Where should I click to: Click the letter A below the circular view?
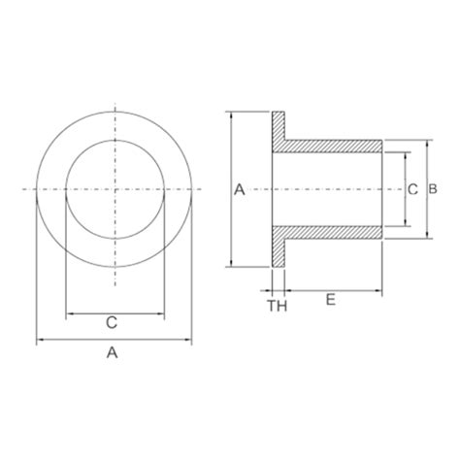tap(113, 354)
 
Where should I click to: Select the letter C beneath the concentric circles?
tap(112, 321)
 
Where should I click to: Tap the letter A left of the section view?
tap(240, 191)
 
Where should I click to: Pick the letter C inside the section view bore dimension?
tap(411, 191)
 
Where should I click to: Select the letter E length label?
tap(331, 301)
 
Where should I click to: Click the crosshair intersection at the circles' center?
tap(115, 186)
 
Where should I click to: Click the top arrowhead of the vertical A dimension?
tap(231, 114)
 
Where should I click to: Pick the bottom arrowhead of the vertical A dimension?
tap(231, 263)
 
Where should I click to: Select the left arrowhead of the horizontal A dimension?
tap(39, 340)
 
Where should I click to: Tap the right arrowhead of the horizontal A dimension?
tap(189, 340)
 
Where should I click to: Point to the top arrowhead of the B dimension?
tap(427, 142)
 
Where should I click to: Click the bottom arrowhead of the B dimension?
tap(427, 234)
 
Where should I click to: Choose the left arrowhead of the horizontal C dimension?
tap(68, 313)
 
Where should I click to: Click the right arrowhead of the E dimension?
tap(382, 289)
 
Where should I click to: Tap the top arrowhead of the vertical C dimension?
tap(401, 153)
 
